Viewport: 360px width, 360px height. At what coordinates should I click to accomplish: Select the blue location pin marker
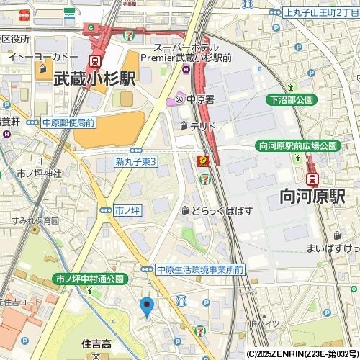(147, 307)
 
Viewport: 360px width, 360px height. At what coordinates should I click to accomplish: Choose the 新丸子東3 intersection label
(136, 162)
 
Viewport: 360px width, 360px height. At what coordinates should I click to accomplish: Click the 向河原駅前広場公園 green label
(297, 145)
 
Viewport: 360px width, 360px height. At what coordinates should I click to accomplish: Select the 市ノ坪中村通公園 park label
(91, 278)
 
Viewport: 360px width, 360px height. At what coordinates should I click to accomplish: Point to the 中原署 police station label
(201, 100)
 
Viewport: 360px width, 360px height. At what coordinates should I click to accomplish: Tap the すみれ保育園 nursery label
(34, 220)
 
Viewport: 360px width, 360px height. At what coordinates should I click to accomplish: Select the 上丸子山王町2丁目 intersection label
(320, 12)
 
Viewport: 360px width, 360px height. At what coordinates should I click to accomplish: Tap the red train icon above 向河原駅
(312, 179)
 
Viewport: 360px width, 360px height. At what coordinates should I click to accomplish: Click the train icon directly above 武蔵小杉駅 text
(95, 62)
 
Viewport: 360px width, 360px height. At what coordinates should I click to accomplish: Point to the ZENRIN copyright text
(302, 354)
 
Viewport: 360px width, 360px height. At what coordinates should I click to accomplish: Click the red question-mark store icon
(204, 161)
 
